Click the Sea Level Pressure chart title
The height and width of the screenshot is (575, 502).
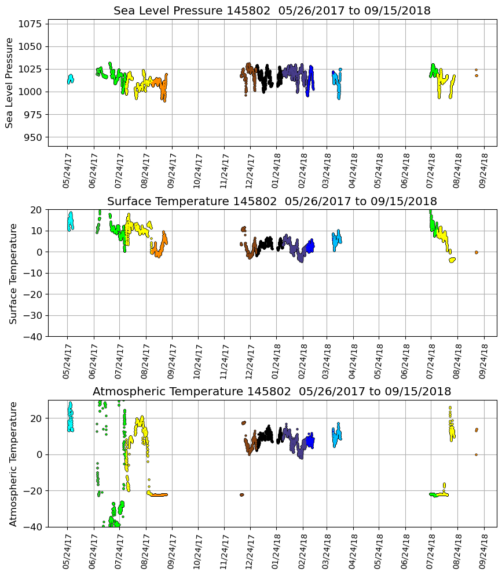click(x=272, y=11)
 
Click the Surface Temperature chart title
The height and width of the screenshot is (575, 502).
click(x=272, y=201)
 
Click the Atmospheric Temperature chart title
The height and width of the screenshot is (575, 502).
click(x=272, y=391)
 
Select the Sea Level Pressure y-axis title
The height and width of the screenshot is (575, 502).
click(x=10, y=83)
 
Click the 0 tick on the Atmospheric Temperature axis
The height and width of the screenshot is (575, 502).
click(x=39, y=454)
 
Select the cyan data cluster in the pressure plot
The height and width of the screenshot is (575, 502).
click(x=70, y=79)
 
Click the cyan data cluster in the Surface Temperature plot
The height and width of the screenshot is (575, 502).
click(x=70, y=222)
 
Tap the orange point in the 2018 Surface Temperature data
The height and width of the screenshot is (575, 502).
click(x=476, y=252)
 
